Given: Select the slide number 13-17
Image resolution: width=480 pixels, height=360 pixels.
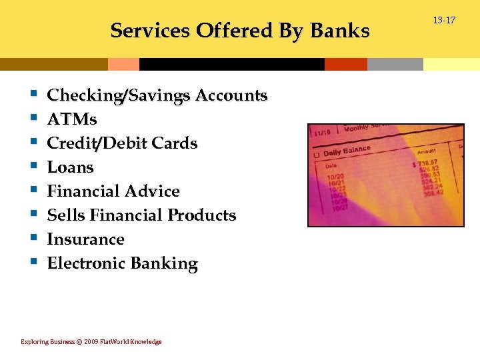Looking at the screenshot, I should point(444,21).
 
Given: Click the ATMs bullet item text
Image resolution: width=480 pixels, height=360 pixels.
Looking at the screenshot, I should point(72,119).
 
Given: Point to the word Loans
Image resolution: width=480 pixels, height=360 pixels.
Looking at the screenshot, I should point(70,167).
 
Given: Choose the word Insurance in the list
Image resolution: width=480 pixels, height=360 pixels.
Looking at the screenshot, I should point(85,239).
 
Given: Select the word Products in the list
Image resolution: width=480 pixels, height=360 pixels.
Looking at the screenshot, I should point(201,215).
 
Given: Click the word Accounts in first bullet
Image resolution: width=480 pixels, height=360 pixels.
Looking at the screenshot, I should point(231,95).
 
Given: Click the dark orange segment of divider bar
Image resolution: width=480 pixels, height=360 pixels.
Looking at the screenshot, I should point(345,64).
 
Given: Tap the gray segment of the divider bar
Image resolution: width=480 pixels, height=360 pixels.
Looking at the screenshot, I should point(395,64).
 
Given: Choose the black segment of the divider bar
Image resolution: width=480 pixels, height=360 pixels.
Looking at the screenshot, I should point(231,64).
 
